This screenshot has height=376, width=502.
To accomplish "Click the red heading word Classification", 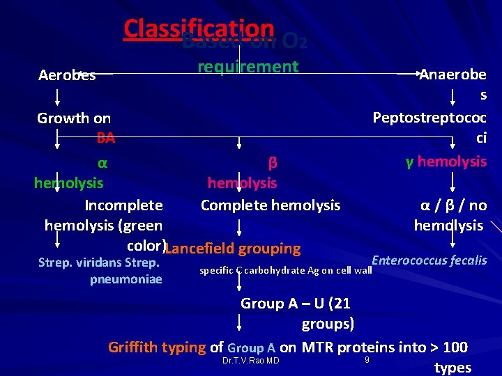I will click(x=199, y=28).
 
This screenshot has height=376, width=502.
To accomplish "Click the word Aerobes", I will click(x=67, y=75).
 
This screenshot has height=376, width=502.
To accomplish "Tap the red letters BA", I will click(x=106, y=138).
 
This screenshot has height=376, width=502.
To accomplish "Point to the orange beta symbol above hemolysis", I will click(x=273, y=162).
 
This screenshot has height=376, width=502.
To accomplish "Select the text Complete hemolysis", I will click(x=271, y=205).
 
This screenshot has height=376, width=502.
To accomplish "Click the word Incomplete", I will click(x=123, y=205).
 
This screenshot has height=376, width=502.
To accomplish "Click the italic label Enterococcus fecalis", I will click(x=429, y=260).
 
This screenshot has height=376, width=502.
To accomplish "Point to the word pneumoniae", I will click(x=126, y=279).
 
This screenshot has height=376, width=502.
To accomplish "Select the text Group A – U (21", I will click(x=296, y=304).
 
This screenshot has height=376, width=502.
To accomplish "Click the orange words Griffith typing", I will click(x=157, y=347).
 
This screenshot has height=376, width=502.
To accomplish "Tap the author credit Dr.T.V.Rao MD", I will click(x=250, y=361).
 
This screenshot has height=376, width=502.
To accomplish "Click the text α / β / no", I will click(x=453, y=205).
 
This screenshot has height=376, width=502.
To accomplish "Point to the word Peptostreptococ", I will click(x=429, y=117).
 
